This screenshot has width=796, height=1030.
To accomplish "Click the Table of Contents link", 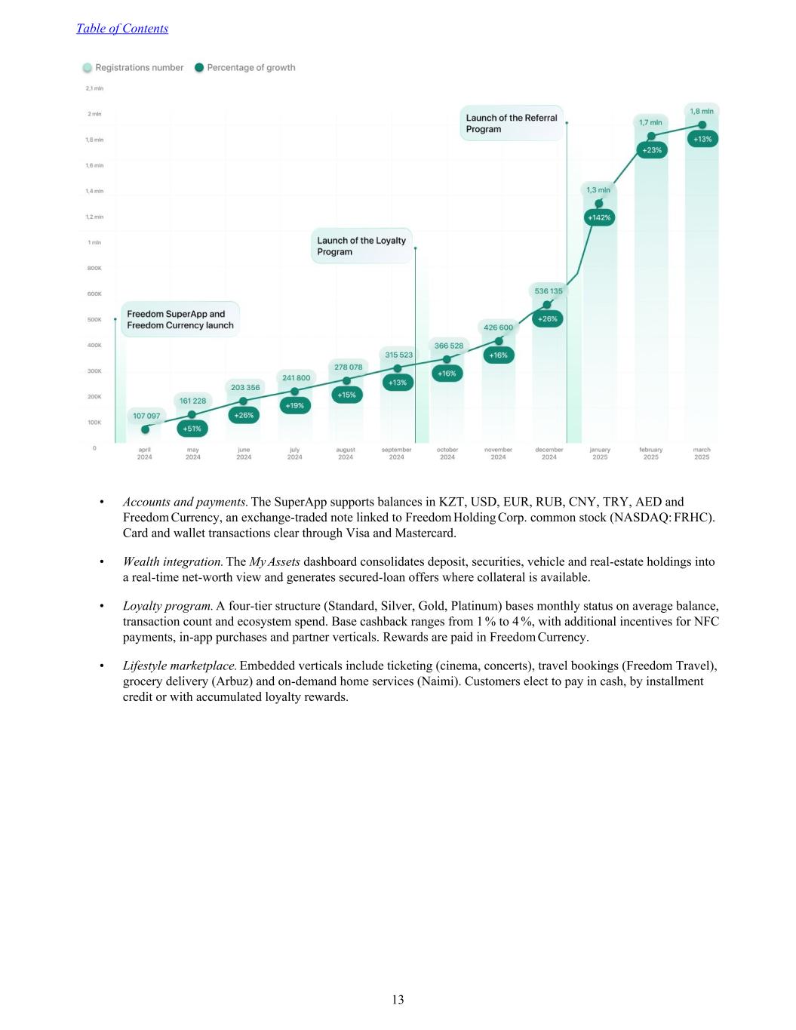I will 122,29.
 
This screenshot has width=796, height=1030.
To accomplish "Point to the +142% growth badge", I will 600,218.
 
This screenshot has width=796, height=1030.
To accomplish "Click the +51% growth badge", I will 192,429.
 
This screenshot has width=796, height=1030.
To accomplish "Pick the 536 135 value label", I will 549,291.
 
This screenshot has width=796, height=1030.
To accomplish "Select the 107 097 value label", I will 146,416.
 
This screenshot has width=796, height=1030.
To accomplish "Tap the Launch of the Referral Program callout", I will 512,123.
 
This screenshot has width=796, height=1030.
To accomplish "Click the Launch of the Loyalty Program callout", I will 361,246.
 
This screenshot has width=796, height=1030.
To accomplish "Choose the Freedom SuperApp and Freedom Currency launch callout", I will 180,319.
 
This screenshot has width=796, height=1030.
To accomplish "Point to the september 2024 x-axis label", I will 397,454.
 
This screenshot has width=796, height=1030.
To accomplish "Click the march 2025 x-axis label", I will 702,454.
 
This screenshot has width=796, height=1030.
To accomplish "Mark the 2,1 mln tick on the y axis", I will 94,88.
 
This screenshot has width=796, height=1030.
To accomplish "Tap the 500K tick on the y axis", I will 94,320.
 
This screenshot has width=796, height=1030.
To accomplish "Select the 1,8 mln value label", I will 702,112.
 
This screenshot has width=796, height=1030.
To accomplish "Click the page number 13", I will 398,1000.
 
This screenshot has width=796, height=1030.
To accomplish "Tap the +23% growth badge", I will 651,150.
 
